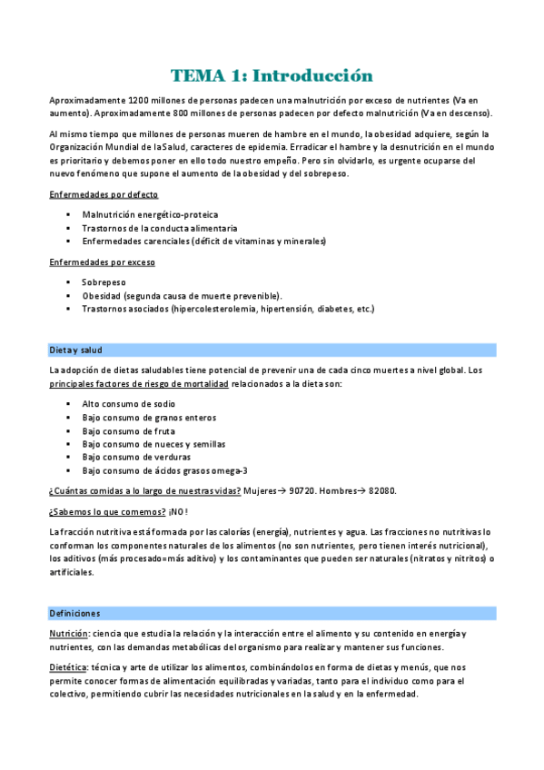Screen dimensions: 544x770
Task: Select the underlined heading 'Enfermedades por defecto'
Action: pyautogui.click(x=103, y=194)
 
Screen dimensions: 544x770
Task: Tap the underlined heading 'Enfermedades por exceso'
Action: pyautogui.click(x=102, y=262)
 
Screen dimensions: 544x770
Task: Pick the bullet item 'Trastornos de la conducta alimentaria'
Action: pyautogui.click(x=160, y=228)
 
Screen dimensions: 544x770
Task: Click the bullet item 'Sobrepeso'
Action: pyautogui.click(x=104, y=282)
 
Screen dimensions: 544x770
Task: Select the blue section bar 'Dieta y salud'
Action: pyautogui.click(x=272, y=350)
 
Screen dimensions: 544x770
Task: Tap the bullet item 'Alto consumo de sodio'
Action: pyautogui.click(x=129, y=404)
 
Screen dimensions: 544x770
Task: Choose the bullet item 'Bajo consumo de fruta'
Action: pyautogui.click(x=129, y=430)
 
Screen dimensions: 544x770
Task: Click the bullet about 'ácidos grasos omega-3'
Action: pyautogui.click(x=163, y=470)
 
